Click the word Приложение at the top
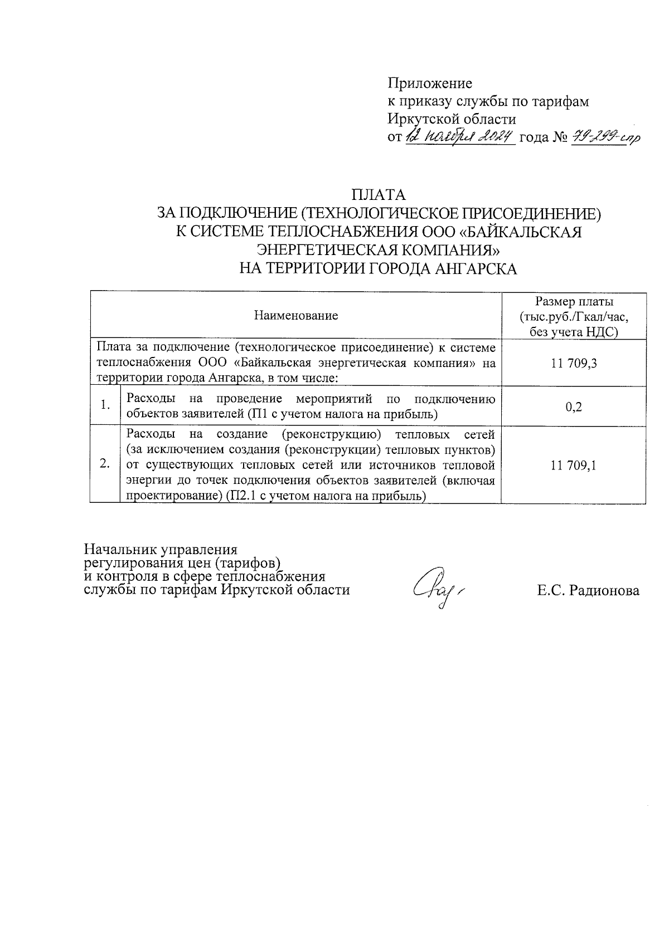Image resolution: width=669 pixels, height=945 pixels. (x=430, y=84)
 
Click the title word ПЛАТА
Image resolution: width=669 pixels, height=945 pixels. (x=379, y=195)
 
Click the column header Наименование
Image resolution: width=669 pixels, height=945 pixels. (x=296, y=316)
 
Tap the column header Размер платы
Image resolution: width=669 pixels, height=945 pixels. (x=574, y=302)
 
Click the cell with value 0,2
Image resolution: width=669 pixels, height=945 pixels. (x=574, y=407)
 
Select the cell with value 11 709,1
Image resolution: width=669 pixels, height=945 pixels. (x=574, y=466)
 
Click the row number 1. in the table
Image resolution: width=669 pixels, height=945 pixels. (x=105, y=406)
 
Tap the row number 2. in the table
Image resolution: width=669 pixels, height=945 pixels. (x=105, y=464)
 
